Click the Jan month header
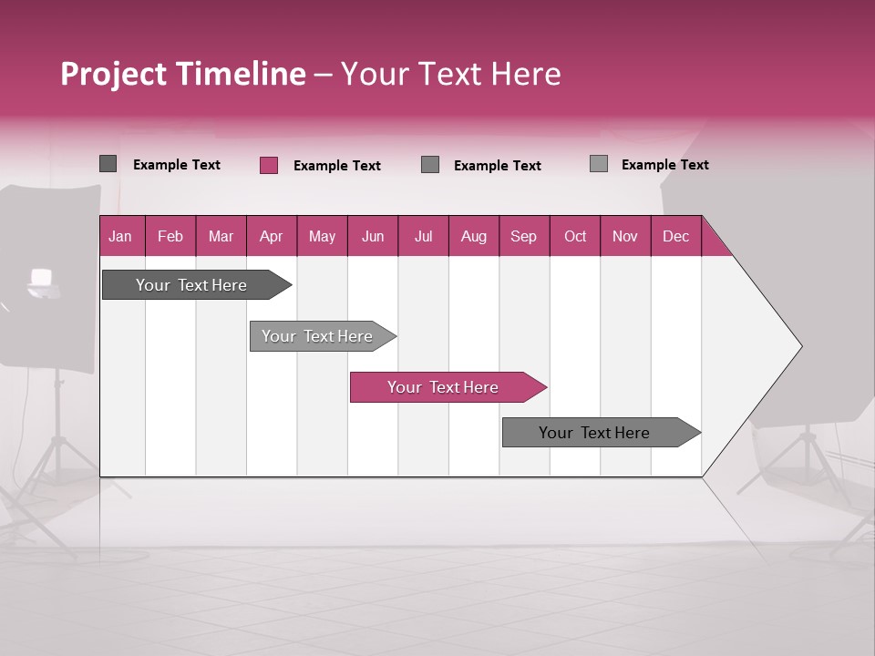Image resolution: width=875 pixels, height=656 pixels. (121, 236)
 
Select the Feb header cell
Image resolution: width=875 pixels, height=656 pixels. (170, 236)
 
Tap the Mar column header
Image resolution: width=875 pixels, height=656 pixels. (221, 236)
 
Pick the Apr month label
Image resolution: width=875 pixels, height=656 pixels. (272, 236)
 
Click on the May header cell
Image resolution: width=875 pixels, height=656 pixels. (322, 236)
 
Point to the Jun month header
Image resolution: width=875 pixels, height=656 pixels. (373, 236)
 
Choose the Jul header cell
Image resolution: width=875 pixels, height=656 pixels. (423, 236)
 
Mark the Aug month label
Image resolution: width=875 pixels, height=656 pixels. (474, 236)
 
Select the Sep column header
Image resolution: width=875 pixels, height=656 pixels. (524, 236)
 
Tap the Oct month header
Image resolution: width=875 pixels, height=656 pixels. (575, 236)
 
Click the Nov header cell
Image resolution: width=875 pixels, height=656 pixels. (625, 236)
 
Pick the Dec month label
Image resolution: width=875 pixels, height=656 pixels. (675, 236)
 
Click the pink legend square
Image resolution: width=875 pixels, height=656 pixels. (269, 165)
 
